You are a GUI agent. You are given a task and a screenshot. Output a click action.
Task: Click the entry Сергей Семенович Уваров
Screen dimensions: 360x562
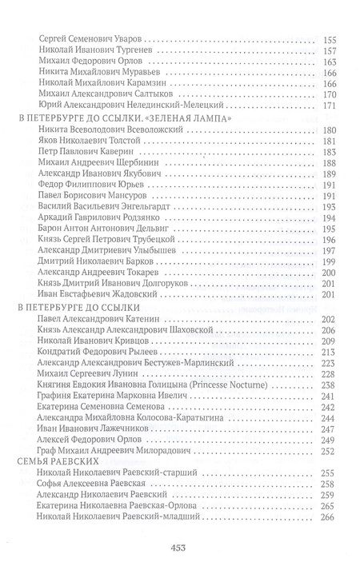pos(87,38)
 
